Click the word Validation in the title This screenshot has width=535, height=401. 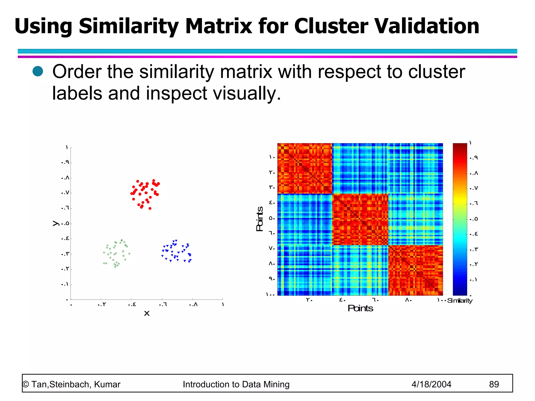tap(427, 26)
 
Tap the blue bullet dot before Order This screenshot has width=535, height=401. tap(38, 71)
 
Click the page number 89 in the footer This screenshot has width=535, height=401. tap(494, 384)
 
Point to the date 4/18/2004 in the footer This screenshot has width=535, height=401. tap(431, 384)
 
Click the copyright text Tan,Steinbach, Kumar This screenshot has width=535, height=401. tap(75, 384)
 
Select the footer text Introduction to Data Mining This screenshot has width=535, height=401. tap(236, 384)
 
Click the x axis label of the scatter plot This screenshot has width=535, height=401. tap(147, 313)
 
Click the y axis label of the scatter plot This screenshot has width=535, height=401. tap(56, 223)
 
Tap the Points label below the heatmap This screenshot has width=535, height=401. tap(360, 308)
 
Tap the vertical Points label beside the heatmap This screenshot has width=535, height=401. tap(259, 219)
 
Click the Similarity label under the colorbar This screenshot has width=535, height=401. tap(460, 300)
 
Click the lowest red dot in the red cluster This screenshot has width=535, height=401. tap(150, 208)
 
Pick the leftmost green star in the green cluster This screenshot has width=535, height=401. tap(104, 252)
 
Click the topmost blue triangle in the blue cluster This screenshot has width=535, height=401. tap(176, 240)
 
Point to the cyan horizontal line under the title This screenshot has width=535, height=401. tap(267, 51)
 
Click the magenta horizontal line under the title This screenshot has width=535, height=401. tap(267, 57)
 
